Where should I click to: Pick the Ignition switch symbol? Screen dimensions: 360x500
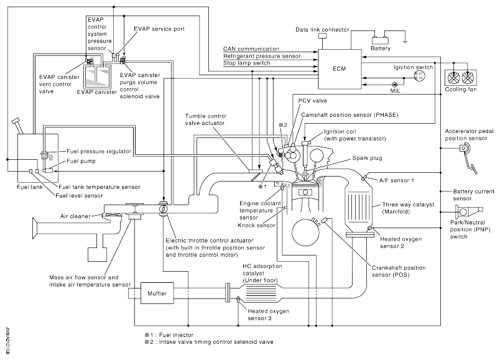point(418,75)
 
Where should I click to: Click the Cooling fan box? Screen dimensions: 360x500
point(462,78)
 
